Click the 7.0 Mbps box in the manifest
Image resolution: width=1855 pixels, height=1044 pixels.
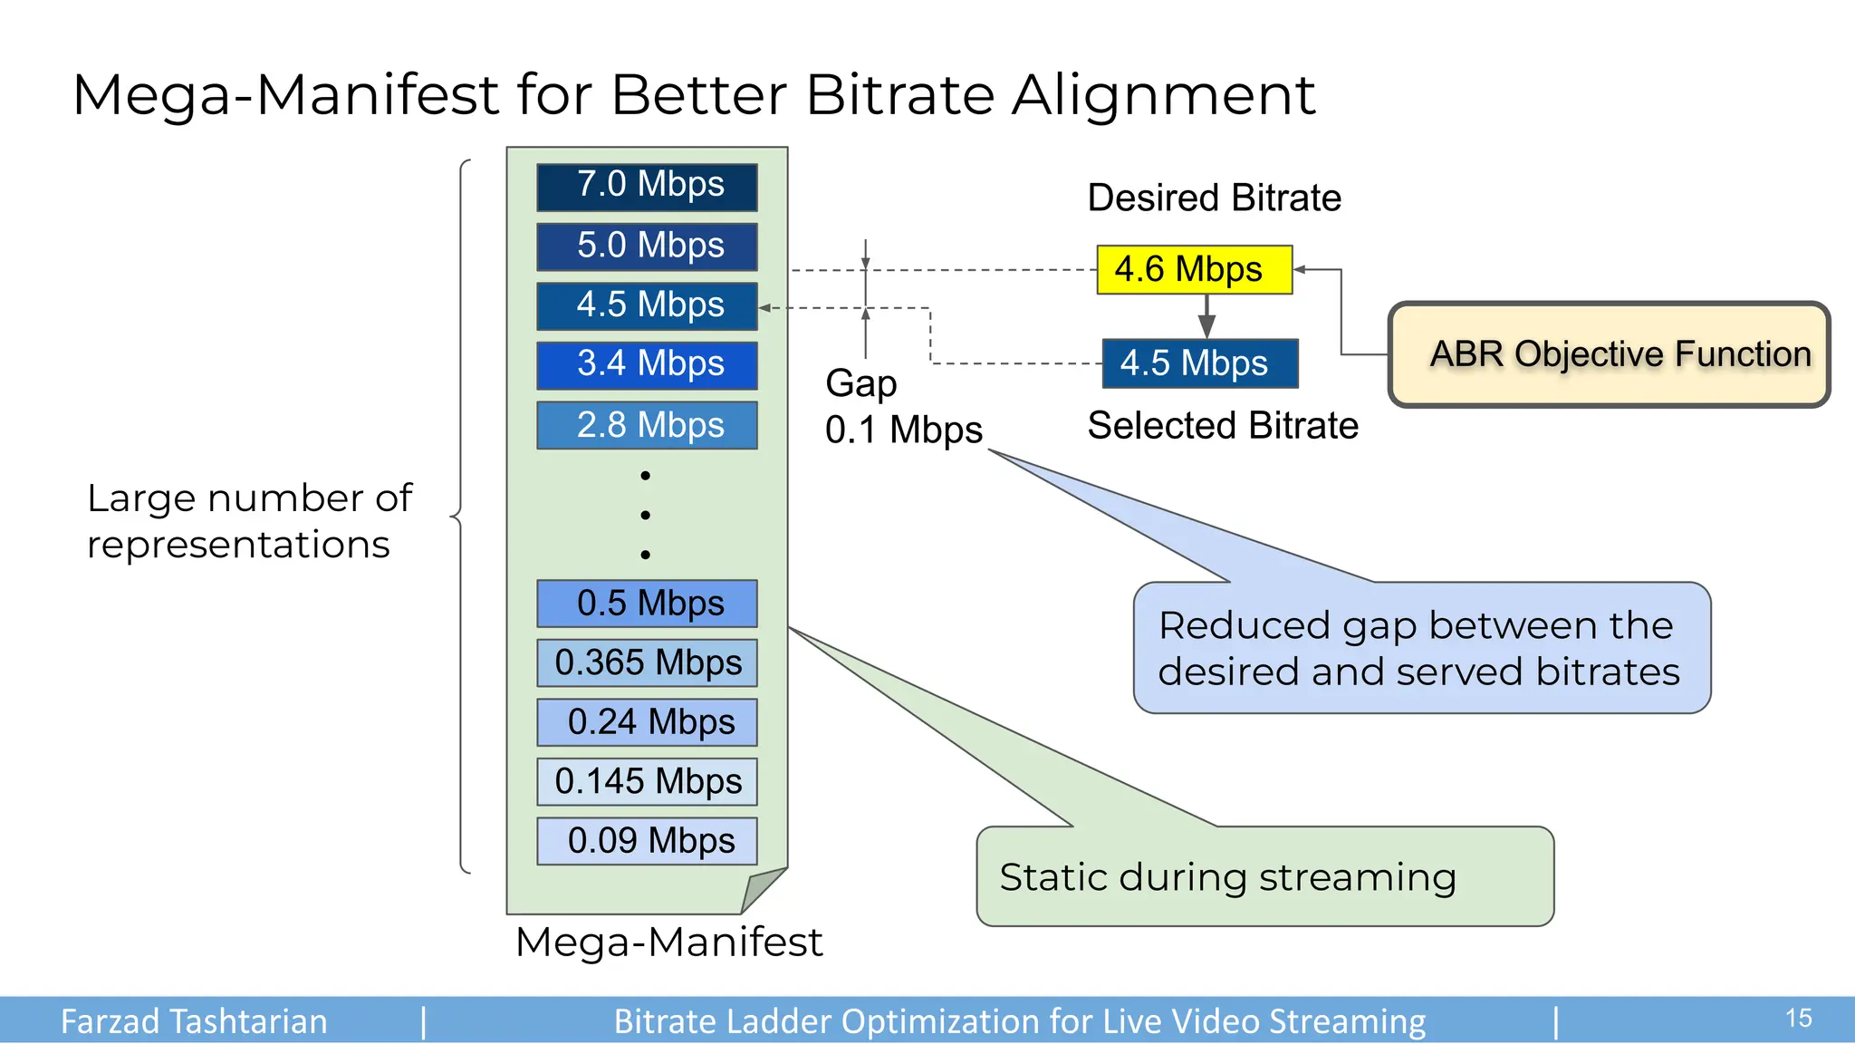[x=647, y=187]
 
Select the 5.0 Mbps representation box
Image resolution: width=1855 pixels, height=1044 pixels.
[x=647, y=246]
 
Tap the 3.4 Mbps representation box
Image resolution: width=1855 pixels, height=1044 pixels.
[x=647, y=365]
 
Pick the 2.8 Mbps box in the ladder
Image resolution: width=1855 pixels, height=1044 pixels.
[x=647, y=425]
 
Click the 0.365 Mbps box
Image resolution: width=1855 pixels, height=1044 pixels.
[x=647, y=662]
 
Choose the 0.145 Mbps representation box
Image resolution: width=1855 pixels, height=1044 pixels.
[x=647, y=781]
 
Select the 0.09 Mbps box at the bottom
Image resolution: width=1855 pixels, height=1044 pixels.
[x=647, y=841]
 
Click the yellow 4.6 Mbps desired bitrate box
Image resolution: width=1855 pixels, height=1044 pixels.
[x=1194, y=269]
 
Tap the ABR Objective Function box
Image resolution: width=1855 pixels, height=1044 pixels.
[x=1609, y=354]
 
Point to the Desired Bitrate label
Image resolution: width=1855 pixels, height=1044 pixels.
[x=1214, y=198]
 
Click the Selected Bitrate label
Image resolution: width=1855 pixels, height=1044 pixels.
[x=1222, y=425]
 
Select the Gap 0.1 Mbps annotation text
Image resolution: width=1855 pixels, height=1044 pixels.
[x=902, y=407]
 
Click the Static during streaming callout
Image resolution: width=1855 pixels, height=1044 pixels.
[x=1264, y=876]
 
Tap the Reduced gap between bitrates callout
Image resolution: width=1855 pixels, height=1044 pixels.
[x=1420, y=648]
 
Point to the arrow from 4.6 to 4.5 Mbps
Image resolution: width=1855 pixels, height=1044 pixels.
[x=1206, y=317]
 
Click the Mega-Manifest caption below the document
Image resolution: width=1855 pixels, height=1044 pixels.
[x=668, y=942]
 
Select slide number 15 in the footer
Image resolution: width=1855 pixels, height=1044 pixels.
[x=1798, y=1019]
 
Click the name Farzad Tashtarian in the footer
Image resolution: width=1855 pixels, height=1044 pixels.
[x=194, y=1021]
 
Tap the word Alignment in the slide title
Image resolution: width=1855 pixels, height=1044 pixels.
[x=1163, y=95]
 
